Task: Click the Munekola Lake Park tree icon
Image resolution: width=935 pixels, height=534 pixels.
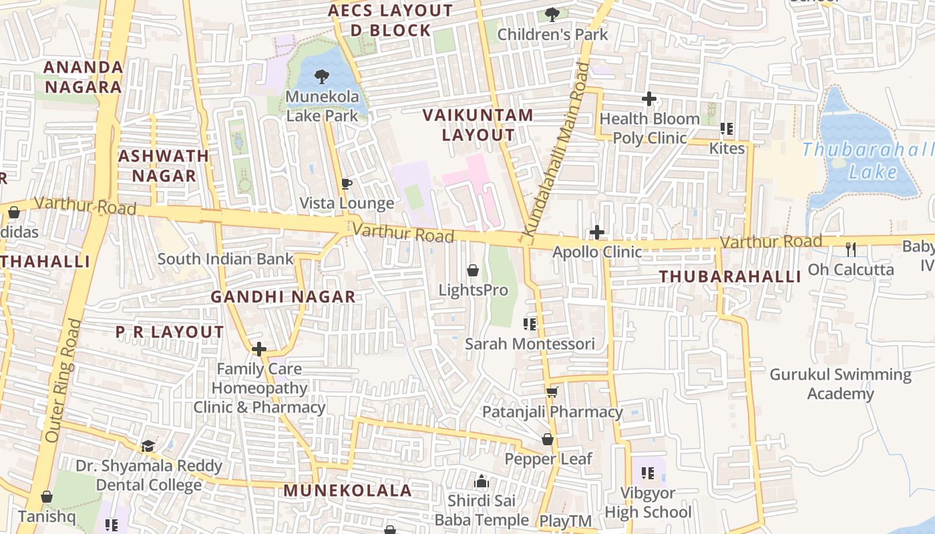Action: tap(321, 76)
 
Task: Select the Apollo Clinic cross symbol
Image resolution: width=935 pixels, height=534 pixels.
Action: tap(597, 232)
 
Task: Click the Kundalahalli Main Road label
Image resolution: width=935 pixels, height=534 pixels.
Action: tap(556, 150)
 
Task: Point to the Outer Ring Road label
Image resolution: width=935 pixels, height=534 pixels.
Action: tap(63, 380)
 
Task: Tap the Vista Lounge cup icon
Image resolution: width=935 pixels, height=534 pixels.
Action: tap(346, 184)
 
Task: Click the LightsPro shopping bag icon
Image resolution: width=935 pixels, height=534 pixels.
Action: tap(473, 270)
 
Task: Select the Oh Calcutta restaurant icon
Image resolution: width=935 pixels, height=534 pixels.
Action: tap(851, 250)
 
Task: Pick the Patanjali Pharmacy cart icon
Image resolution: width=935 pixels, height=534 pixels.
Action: tap(552, 392)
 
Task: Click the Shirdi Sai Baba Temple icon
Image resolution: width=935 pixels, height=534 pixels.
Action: tap(481, 481)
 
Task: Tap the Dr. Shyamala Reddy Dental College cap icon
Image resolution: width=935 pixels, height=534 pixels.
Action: tap(148, 445)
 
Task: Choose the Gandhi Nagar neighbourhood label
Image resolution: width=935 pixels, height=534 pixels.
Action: tap(283, 297)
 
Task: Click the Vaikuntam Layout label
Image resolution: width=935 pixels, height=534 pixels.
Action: tap(478, 125)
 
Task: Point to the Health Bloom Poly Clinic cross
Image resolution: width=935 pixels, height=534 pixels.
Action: tap(649, 99)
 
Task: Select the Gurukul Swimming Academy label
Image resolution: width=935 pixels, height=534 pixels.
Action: tap(840, 384)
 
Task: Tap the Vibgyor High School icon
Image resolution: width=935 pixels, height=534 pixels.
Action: tap(647, 473)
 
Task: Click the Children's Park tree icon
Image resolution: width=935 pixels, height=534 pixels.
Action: tap(552, 14)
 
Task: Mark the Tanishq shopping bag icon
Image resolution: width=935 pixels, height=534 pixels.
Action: tap(47, 497)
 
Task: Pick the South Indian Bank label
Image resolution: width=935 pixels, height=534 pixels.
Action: tap(226, 259)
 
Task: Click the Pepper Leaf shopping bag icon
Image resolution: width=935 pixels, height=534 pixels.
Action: tap(548, 439)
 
